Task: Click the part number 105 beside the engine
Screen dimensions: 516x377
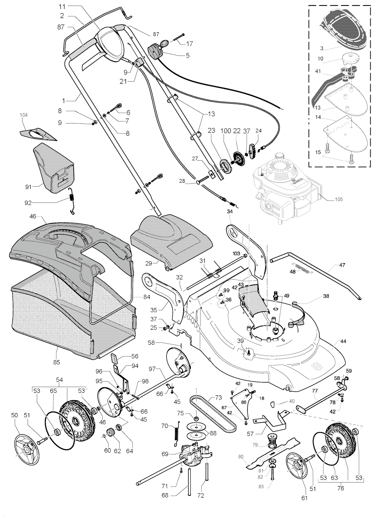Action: point(339,200)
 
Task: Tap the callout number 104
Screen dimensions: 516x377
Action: point(24,115)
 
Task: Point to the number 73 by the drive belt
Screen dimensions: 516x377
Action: point(219,398)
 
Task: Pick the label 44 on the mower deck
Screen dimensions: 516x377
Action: point(343,341)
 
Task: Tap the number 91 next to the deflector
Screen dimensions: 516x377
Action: point(28,187)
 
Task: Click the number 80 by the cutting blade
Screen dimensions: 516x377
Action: point(241,457)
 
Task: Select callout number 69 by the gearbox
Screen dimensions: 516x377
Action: point(165,454)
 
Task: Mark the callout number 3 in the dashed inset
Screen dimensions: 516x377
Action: point(321,47)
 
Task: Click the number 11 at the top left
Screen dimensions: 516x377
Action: point(61,7)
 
